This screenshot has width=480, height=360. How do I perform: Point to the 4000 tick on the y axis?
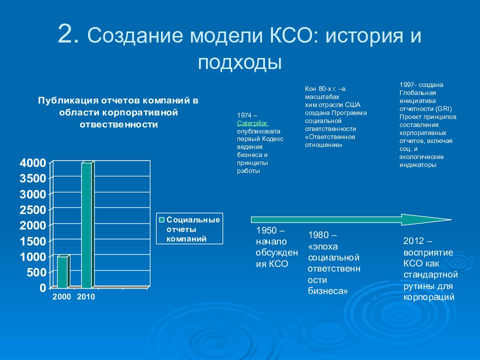point(33,163)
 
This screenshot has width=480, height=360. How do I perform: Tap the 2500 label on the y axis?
point(33,210)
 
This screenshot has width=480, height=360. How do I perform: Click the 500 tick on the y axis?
point(36,272)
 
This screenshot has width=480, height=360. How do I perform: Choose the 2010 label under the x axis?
point(85,296)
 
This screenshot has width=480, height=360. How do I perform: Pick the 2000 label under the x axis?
point(61,296)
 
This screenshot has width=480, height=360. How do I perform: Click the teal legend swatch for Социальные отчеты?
point(162,220)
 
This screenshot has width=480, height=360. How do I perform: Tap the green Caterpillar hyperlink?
point(252,123)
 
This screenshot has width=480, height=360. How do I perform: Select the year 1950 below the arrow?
point(266,230)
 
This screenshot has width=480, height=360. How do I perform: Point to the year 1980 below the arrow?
point(318,235)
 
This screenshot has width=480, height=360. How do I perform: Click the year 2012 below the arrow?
point(414,241)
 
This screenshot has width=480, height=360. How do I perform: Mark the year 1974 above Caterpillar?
point(244,115)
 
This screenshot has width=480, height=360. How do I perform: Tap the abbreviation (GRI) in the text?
point(443,108)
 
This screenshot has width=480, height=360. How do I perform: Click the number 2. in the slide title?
point(69,34)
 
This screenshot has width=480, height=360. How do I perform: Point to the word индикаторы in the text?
point(417,165)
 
